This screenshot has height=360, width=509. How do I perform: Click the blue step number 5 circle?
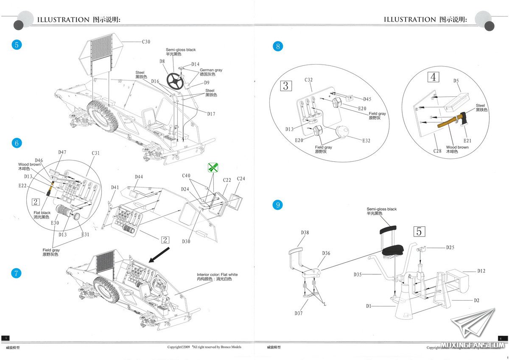pyautogui.click(x=16, y=45)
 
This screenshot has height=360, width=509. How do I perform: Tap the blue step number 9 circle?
pyautogui.click(x=278, y=205)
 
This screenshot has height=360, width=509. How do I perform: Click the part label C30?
pyautogui.click(x=146, y=42)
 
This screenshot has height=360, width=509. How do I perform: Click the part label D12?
pyautogui.click(x=481, y=271)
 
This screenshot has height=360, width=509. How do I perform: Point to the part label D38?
pyautogui.click(x=305, y=233)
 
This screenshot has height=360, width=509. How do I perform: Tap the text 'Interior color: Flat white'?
pyautogui.click(x=217, y=275)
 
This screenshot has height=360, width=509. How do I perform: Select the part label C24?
pyautogui.click(x=241, y=178)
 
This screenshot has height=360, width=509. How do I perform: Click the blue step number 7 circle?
pyautogui.click(x=16, y=273)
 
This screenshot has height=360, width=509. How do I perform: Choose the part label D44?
pyautogui.click(x=139, y=177)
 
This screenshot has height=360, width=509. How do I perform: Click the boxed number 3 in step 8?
pyautogui.click(x=285, y=86)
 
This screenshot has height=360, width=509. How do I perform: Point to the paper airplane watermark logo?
pyautogui.click(x=472, y=324)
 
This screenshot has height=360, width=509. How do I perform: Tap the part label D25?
pyautogui.click(x=450, y=247)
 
